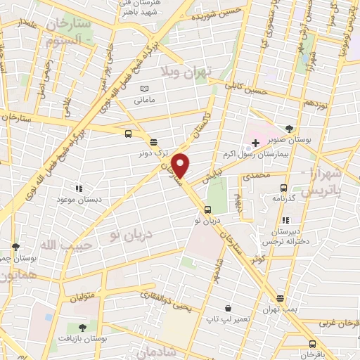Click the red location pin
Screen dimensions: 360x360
point(181,166)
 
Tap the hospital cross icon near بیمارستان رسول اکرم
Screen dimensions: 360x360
point(255,143)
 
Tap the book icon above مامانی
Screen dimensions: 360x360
point(145,89)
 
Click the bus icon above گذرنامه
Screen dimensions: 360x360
point(284,188)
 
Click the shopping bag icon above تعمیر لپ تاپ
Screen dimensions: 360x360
point(229,308)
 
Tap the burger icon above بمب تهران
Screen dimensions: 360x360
point(281,299)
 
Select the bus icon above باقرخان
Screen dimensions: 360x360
point(312,344)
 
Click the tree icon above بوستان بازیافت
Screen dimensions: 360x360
point(82,327)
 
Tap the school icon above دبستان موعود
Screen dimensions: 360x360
point(79,188)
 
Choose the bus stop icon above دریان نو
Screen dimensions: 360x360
point(207,210)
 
